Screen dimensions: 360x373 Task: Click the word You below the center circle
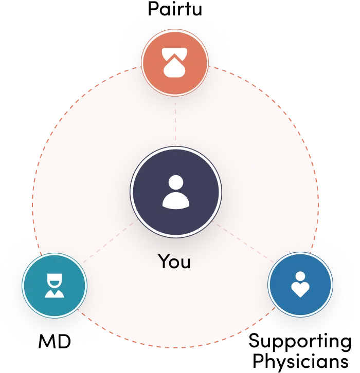(x=174, y=262)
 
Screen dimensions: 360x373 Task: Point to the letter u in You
(x=186, y=263)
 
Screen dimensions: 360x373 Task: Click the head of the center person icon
(x=176, y=182)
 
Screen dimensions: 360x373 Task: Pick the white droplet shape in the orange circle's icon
(x=175, y=69)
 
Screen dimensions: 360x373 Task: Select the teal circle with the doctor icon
(x=55, y=286)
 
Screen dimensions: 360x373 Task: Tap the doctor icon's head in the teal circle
(x=55, y=280)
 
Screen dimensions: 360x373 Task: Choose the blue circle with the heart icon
(x=300, y=285)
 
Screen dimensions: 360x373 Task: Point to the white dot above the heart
(x=300, y=276)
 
